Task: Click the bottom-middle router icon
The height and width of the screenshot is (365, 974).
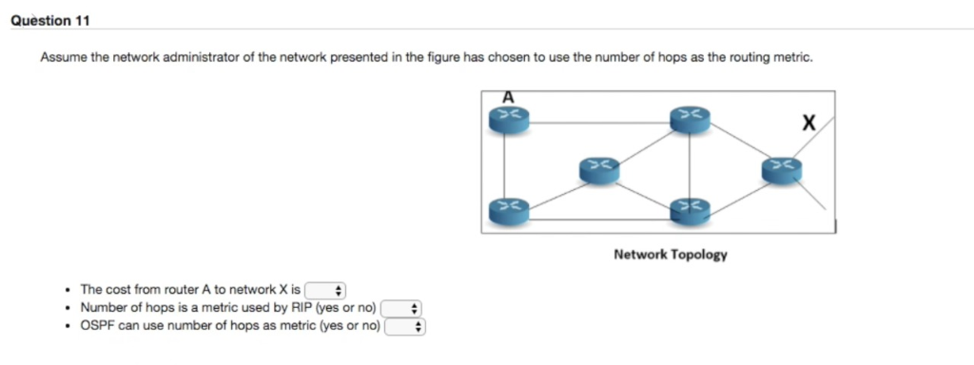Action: (689, 209)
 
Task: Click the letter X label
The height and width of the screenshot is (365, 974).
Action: (808, 123)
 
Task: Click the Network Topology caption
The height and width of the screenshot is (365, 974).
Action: (670, 255)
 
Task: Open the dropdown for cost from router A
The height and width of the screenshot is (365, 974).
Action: (328, 290)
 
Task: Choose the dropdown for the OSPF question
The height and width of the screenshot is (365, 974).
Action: (404, 326)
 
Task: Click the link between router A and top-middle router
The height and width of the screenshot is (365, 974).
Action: (598, 122)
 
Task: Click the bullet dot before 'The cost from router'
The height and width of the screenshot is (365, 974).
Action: (65, 290)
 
